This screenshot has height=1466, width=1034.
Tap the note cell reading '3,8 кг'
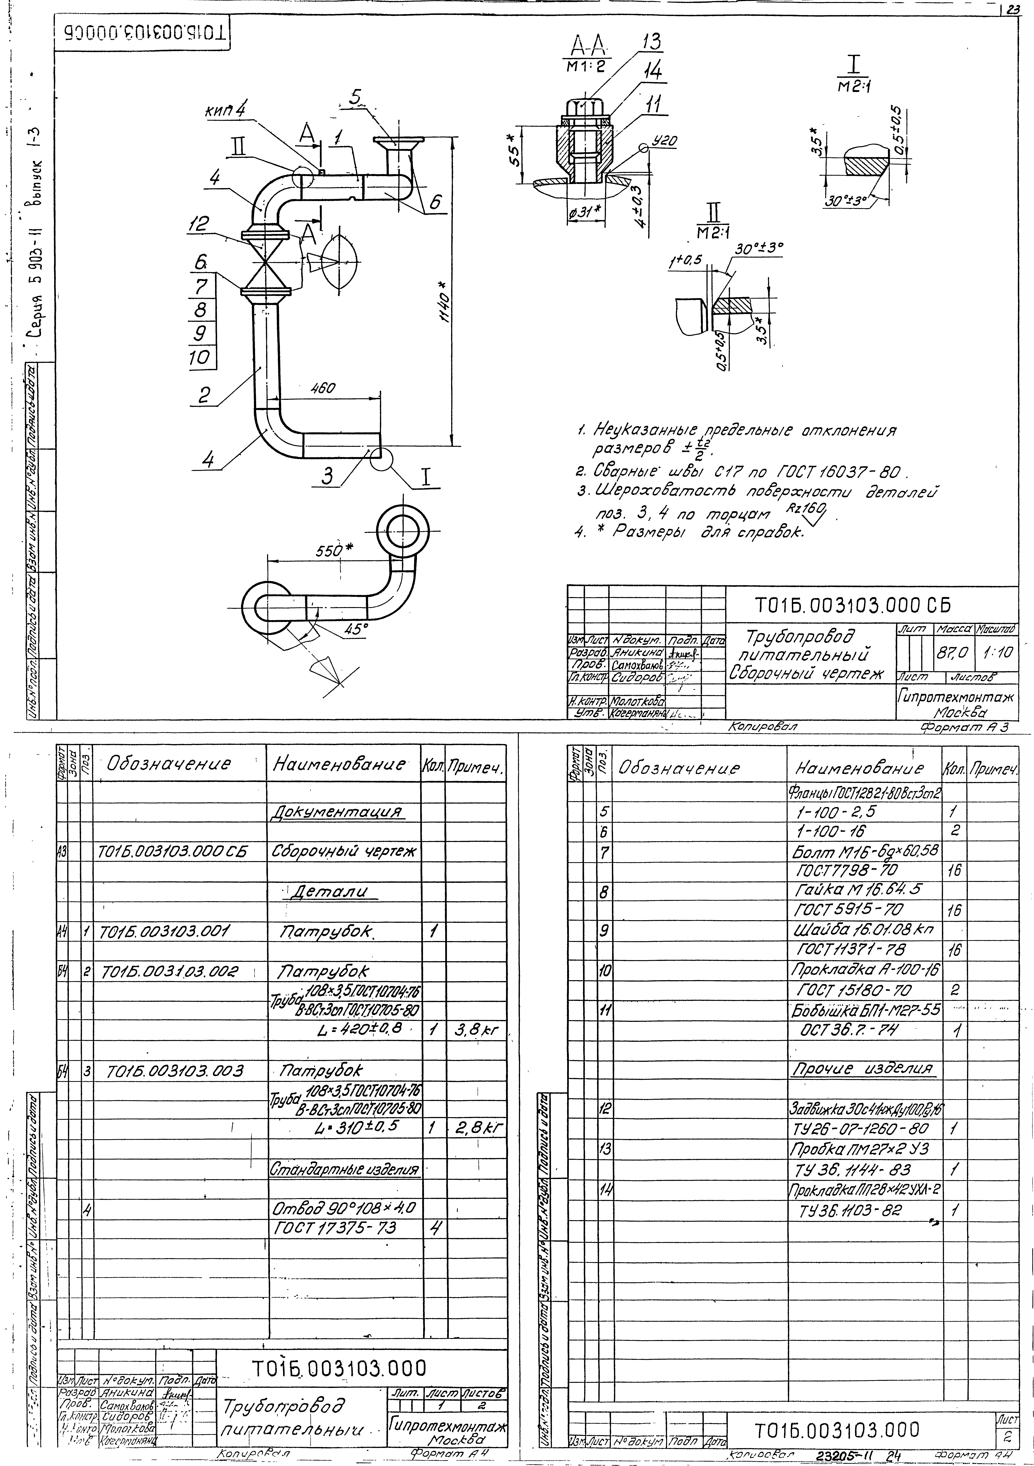coord(476,1031)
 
